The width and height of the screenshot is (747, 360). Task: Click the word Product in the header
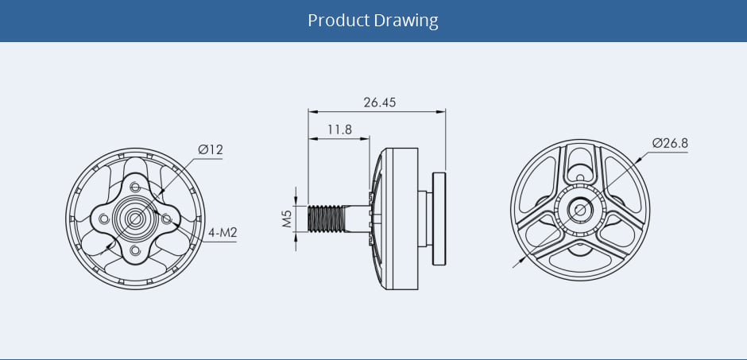click(x=339, y=20)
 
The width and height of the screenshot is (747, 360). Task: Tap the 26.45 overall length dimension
click(x=379, y=103)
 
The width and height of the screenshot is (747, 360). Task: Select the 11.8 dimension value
click(x=339, y=129)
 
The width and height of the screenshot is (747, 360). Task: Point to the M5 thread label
click(x=288, y=218)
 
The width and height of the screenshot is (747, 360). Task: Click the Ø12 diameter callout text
click(x=211, y=149)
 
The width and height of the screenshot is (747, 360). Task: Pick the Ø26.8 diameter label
click(x=669, y=143)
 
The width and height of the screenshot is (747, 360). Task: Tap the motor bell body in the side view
click(x=398, y=208)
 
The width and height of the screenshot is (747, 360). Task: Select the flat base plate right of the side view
click(x=439, y=218)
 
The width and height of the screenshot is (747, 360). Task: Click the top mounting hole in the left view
click(x=135, y=186)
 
